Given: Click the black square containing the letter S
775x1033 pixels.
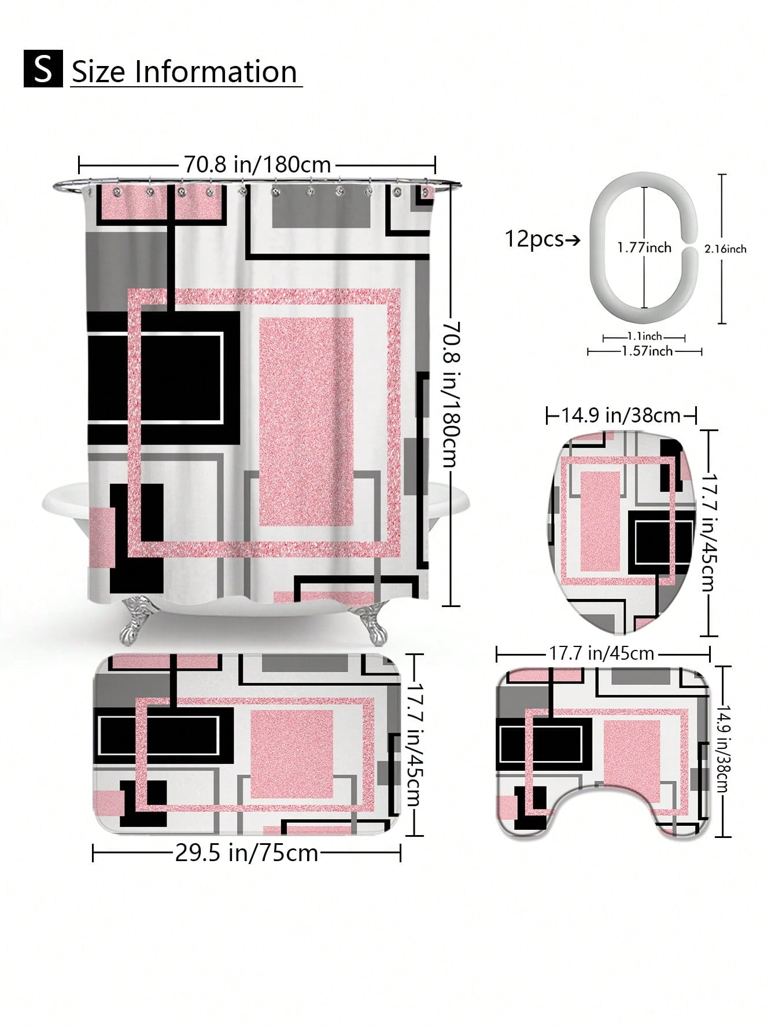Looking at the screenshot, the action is tap(43, 69).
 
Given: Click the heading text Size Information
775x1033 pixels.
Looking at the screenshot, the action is tap(184, 72).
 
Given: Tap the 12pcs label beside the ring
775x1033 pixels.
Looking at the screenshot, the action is tap(534, 238).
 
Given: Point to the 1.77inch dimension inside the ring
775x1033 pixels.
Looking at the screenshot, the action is tap(644, 248).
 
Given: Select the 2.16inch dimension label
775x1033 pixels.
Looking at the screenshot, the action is tap(725, 249).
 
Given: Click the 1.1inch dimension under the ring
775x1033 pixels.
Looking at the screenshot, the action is tap(644, 336).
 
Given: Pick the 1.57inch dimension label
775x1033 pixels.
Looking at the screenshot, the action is tap(647, 351).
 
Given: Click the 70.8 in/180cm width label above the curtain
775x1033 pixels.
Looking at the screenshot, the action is tap(257, 164).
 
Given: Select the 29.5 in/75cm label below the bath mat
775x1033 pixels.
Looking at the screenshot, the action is tap(247, 853).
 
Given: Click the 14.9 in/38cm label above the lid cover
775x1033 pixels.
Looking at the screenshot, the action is tap(621, 415).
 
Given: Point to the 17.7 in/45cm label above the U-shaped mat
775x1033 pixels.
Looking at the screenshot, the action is tap(601, 653).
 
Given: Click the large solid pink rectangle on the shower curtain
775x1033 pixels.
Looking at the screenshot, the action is tap(306, 421).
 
